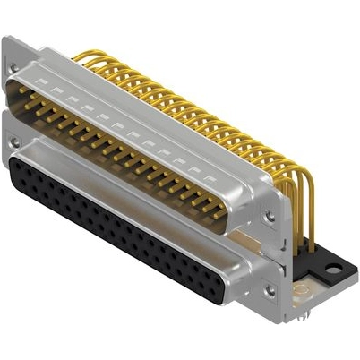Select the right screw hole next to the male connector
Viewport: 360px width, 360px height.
point(266,215)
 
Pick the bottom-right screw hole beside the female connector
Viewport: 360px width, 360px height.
point(266,288)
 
